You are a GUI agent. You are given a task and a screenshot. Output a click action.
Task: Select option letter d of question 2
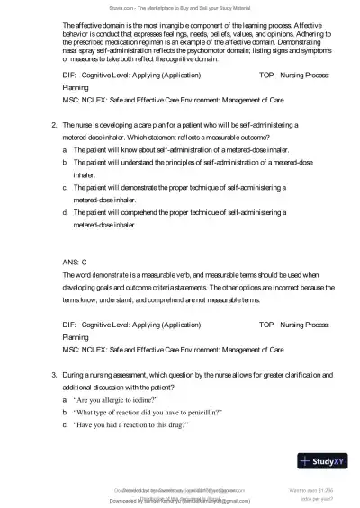pyautogui.click(x=65, y=212)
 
